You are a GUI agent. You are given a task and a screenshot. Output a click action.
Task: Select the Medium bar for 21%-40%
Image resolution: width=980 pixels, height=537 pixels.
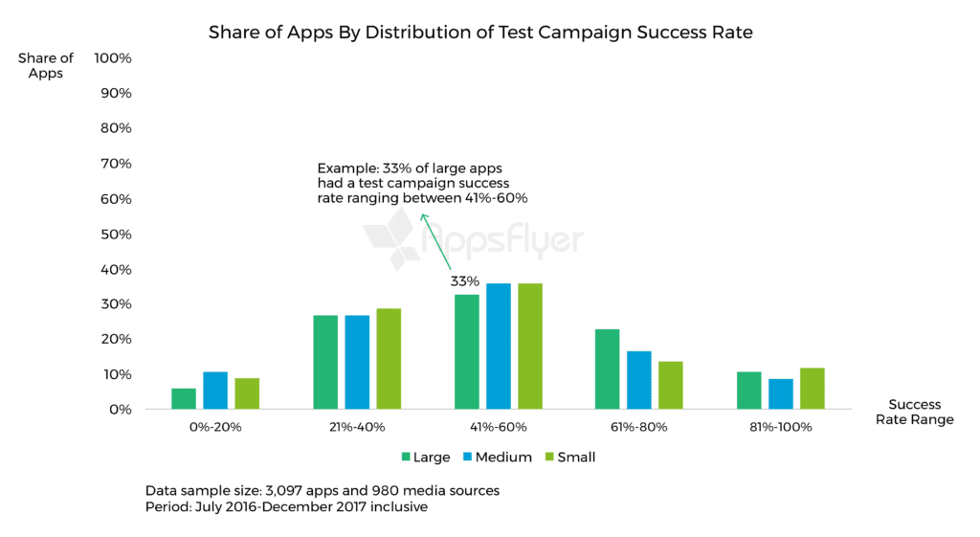(357, 362)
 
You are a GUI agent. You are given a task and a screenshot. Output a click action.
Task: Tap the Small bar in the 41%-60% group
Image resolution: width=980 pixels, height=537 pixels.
(530, 347)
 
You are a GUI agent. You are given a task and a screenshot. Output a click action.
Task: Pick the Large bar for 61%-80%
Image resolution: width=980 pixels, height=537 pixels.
(608, 369)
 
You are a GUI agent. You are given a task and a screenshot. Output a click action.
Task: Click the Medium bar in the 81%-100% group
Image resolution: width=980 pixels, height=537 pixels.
(781, 393)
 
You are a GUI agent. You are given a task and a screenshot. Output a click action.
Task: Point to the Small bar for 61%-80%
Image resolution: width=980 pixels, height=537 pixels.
(671, 385)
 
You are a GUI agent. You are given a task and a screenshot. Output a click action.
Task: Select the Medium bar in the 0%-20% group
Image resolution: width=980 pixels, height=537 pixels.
(215, 391)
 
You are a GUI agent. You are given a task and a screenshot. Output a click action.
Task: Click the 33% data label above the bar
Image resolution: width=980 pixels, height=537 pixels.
(465, 281)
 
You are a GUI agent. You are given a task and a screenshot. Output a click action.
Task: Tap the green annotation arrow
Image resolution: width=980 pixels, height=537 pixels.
(435, 240)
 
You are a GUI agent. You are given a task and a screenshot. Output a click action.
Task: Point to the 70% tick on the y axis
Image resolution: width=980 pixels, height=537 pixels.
(113, 164)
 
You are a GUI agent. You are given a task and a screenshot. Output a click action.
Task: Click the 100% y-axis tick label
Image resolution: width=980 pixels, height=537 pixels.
(112, 58)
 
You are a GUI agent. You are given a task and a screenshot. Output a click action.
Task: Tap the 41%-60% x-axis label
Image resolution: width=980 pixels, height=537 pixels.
(499, 427)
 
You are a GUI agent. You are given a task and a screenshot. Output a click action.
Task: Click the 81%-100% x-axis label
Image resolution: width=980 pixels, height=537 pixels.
(781, 427)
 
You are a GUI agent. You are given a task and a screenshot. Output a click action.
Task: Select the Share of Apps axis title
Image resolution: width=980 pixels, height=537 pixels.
(46, 65)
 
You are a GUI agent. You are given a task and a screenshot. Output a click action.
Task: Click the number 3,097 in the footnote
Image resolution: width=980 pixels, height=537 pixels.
(298, 490)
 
